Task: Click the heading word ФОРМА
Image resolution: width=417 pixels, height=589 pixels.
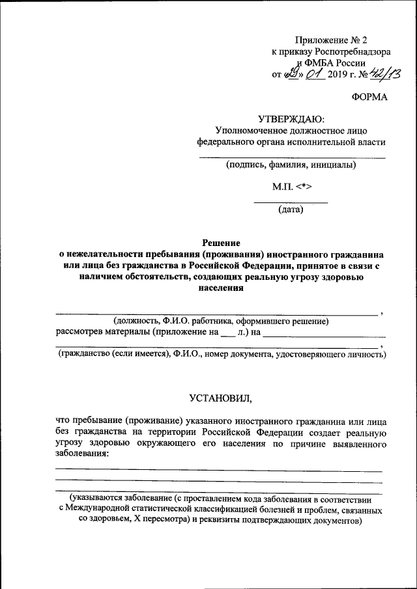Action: [x=369, y=97]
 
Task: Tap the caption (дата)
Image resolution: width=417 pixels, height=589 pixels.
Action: [x=291, y=210]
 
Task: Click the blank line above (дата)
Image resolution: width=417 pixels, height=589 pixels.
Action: [x=291, y=203]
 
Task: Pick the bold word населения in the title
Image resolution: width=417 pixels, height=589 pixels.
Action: [x=219, y=289]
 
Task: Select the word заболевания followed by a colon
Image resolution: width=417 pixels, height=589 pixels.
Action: [x=82, y=454]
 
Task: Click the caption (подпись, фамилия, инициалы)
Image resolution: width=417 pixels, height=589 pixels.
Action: [x=291, y=165]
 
